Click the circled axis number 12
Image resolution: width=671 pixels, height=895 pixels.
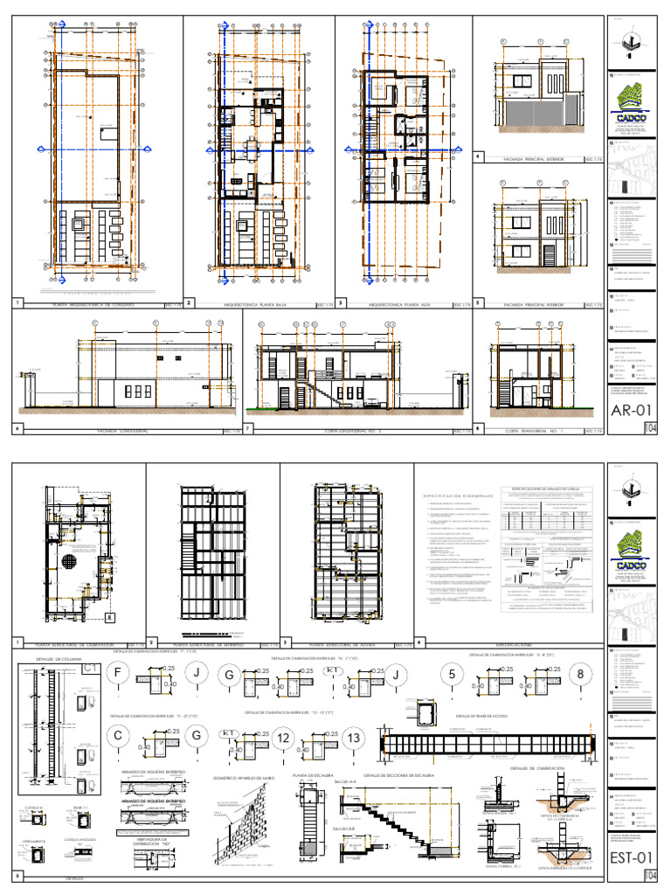[x=283, y=739]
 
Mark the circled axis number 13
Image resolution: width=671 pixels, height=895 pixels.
[x=353, y=739]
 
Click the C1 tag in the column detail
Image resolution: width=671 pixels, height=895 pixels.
[x=90, y=669]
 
